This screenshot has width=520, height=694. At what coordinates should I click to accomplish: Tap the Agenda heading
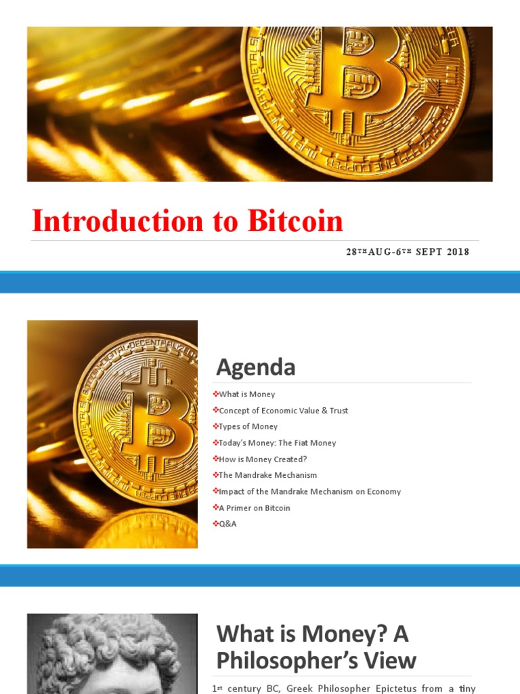coord(256,367)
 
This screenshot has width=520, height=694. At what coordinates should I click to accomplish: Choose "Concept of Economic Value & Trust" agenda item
coord(283,411)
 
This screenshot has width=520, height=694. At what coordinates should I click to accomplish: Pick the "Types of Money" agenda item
coord(248,427)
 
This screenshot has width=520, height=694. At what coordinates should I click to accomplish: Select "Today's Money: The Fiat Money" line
coord(277,443)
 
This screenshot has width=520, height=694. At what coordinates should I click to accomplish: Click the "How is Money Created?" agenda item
coord(263,460)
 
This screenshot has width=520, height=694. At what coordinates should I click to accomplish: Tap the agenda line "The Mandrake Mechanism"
coord(267,476)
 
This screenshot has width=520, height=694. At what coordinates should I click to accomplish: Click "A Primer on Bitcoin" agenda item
coord(254,508)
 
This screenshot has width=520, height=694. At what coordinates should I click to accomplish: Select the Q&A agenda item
coord(227,524)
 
